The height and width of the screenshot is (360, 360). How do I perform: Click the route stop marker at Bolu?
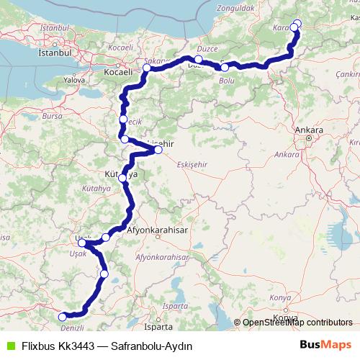pos(225,68)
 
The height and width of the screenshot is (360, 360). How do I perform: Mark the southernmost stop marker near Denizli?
pos(62,316)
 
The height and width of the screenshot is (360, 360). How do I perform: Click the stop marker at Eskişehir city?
pos(158,150)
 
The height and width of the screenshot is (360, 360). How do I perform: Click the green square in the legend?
pos(9,346)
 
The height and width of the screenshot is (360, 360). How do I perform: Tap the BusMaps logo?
pos(325,345)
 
